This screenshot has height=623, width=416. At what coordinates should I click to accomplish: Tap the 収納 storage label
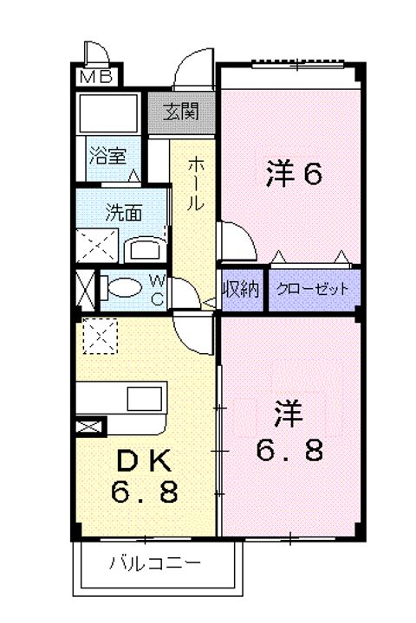pyautogui.click(x=241, y=290)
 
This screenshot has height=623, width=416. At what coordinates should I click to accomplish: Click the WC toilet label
pyautogui.click(x=159, y=289)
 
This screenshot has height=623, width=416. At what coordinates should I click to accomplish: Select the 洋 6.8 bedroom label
pyautogui.click(x=290, y=431)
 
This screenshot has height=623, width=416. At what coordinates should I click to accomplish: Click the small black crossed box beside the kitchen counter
pyautogui.click(x=89, y=426)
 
